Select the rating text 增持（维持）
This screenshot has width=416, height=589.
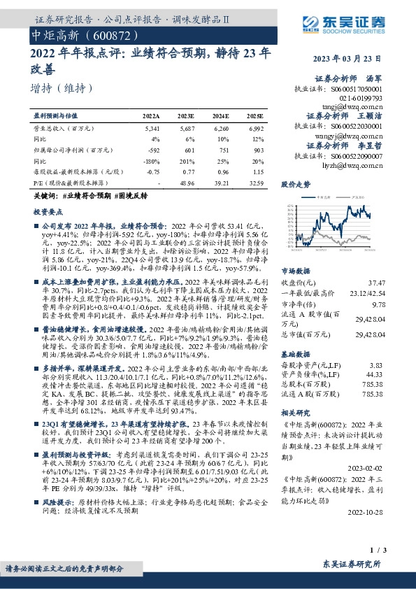tap(63, 89)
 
